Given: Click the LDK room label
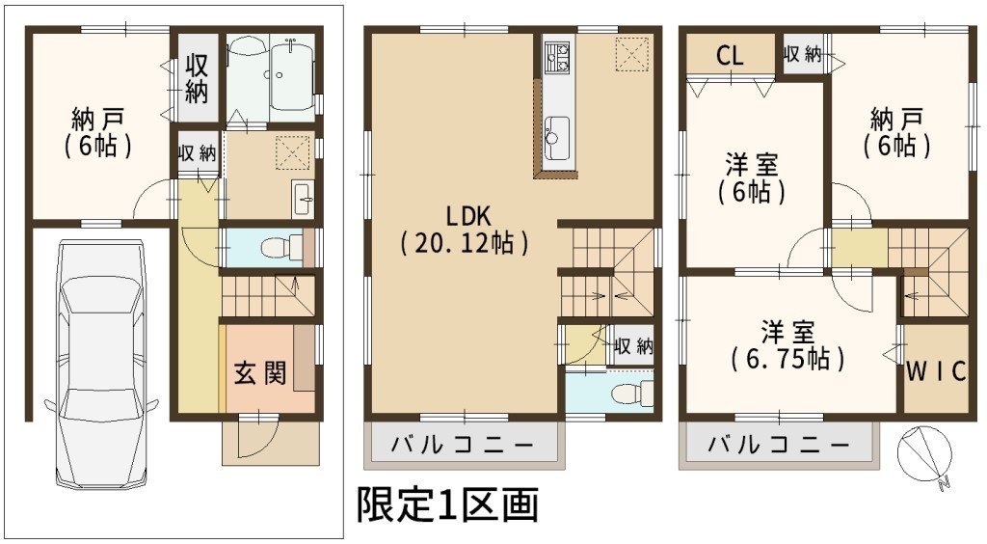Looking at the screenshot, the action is pos(467,217).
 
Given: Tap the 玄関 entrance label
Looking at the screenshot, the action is pos(260,372).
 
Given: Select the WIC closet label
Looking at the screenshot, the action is pos(936,370).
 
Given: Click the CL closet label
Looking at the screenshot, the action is pos(730,55).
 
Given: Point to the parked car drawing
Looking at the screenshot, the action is pos(102,363).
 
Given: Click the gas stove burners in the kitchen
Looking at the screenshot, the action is pos(557,55).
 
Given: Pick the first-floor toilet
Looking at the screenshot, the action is pos(280,246).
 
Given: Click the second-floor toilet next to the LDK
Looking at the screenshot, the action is pos(633,393).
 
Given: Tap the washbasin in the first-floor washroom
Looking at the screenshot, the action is pos(303,198).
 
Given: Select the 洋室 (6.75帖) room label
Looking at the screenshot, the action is pos(787,345).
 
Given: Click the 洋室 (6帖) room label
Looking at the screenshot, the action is pos(752,178).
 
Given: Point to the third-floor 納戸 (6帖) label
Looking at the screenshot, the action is pos(896,131).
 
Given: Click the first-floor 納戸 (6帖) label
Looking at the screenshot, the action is pos(97,131).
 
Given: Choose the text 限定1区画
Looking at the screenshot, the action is pos(447,504).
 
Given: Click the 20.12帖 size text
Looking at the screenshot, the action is pos(464,243).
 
